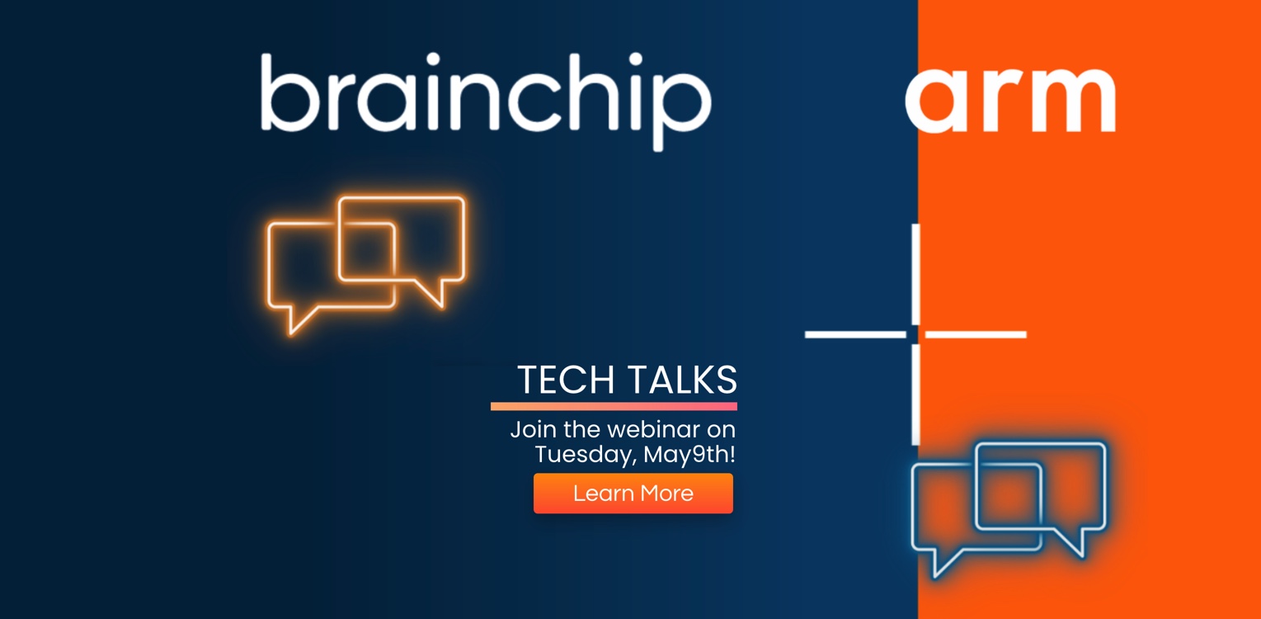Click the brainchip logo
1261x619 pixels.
(x=487, y=102)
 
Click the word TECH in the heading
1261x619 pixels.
(x=566, y=380)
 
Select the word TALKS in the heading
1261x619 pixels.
(x=682, y=380)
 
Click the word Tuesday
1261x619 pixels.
(x=586, y=455)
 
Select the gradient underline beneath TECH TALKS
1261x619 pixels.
(x=614, y=406)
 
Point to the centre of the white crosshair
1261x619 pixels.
(x=916, y=334)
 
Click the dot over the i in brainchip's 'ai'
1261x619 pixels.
(x=433, y=59)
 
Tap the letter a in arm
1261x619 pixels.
(x=938, y=101)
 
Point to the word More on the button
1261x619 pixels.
(x=666, y=494)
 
